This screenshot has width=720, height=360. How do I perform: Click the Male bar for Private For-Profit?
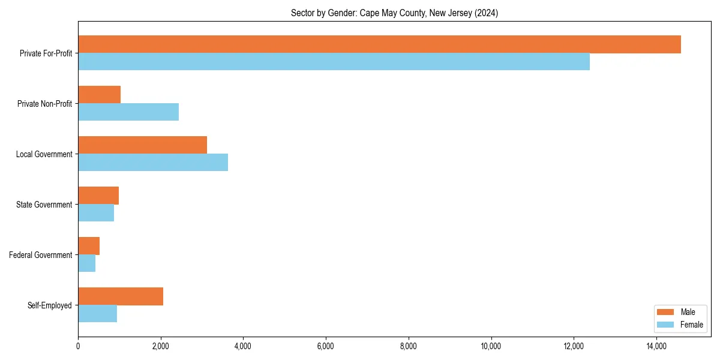point(379,44)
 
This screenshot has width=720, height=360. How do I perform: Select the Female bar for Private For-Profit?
point(334,62)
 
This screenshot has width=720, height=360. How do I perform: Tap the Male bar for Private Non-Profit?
point(99,95)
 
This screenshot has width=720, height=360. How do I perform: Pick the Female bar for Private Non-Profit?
point(128,112)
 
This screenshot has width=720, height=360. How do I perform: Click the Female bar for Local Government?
point(153,163)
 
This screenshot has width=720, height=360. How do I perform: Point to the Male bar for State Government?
point(98,196)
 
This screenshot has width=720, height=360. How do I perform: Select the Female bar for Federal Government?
point(86,263)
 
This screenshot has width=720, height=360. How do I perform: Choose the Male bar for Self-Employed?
point(121,296)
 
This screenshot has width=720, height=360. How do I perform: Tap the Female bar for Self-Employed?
point(97,314)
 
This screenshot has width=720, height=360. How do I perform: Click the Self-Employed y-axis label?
point(50,305)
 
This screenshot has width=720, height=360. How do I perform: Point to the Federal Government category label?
point(41,255)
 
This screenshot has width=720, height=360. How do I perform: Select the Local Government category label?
point(44,154)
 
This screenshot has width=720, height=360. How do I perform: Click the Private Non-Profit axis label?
point(45,104)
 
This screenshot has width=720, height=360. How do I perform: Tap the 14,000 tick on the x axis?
point(656,346)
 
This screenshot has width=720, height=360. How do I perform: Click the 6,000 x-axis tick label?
point(325,346)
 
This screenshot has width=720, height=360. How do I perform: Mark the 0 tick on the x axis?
point(78,346)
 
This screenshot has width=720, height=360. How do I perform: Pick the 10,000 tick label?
point(491,346)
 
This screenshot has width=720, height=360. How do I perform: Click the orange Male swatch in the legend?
point(666,312)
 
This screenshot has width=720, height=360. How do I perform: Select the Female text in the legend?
point(691,325)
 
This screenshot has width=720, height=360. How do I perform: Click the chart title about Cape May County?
point(394,13)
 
